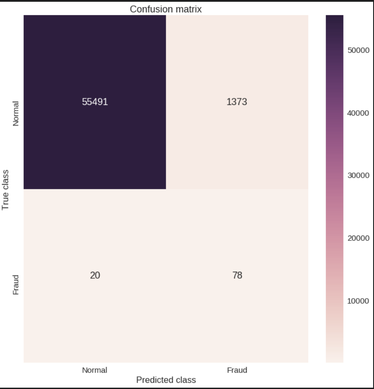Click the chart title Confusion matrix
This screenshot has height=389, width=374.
point(166,9)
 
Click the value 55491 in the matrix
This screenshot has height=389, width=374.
point(95,102)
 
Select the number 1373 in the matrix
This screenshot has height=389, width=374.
point(237,102)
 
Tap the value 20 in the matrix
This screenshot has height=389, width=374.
point(95,275)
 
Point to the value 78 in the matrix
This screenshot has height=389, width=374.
point(237,275)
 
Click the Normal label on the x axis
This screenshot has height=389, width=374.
point(95,370)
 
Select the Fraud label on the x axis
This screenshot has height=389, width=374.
point(237,370)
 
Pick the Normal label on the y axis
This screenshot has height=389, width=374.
point(16,114)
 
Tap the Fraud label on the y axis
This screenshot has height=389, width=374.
point(16,284)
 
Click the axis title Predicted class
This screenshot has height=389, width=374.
point(166,380)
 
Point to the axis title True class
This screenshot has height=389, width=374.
point(5,190)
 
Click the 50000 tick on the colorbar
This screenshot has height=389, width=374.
point(358,50)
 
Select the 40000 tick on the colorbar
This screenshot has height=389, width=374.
point(358,113)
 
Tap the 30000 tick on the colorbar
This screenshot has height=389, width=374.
point(358,176)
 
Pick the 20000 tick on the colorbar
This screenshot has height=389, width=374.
point(358,238)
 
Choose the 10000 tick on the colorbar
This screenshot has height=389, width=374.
point(358,301)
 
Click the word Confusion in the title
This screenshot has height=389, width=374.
point(150,9)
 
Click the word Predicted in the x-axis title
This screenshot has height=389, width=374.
point(155,380)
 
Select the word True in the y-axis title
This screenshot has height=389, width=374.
point(5,201)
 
